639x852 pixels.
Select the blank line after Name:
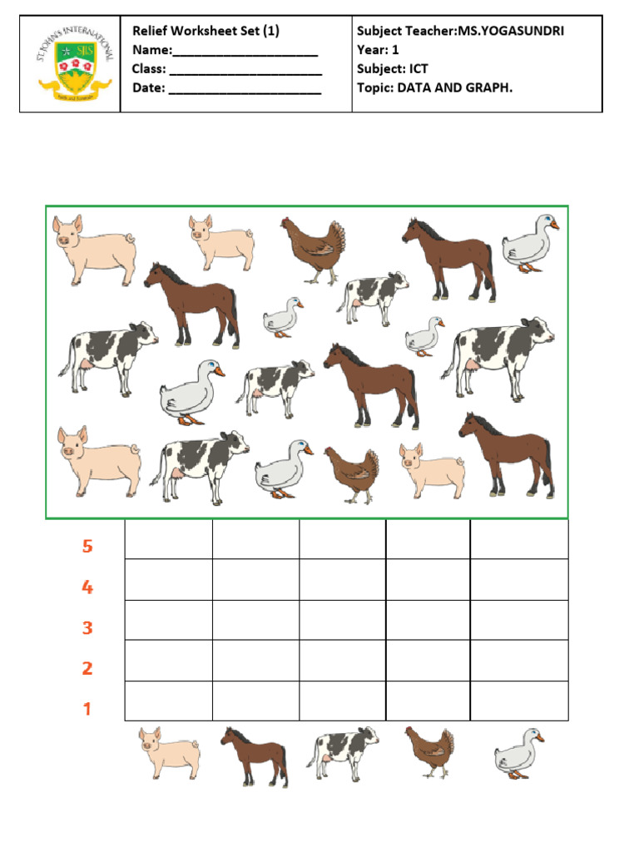click(245, 52)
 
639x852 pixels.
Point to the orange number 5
click(87, 547)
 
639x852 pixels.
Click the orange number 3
click(87, 628)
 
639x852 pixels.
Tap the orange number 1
click(87, 710)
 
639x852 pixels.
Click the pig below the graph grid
click(169, 752)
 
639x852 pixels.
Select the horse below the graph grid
click(254, 755)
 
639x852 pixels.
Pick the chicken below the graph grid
click(430, 751)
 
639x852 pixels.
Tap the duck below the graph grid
click(519, 753)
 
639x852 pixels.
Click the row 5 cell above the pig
click(168, 539)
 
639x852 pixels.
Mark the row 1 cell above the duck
click(519, 701)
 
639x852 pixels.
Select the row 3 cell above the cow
click(342, 620)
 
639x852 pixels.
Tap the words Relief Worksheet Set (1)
click(206, 31)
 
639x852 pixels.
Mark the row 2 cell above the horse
click(255, 661)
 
